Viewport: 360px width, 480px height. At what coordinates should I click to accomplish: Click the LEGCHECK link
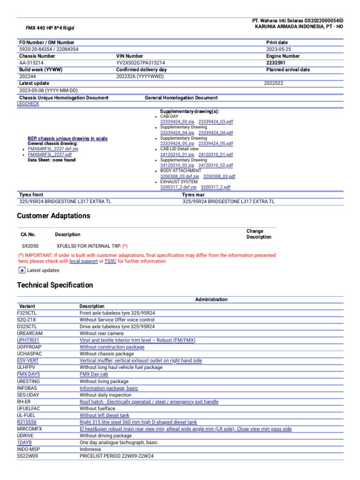tap(28, 104)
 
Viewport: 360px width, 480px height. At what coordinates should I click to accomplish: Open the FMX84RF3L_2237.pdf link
tap(50, 154)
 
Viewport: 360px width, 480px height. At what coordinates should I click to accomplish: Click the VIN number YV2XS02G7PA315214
tap(141, 62)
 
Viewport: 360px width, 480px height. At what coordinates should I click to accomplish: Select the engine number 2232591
tap(276, 62)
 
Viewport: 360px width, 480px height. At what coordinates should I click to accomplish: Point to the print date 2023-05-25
tap(278, 49)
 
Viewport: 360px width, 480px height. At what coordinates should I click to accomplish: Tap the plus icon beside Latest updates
tap(22, 270)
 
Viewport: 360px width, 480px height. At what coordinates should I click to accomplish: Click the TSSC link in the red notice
tap(110, 261)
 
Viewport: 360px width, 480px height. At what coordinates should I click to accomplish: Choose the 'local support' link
tap(83, 261)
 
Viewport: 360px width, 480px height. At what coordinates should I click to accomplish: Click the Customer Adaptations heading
tap(53, 216)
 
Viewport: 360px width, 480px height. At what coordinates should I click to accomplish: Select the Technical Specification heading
tap(55, 285)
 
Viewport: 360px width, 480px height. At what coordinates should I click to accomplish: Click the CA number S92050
tap(30, 246)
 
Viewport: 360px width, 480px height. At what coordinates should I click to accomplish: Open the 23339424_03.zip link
tap(177, 121)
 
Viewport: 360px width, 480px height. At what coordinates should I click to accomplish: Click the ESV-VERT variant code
tap(28, 360)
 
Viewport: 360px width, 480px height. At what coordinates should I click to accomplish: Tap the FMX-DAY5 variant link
tap(28, 375)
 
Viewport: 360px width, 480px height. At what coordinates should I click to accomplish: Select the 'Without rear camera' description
tap(102, 333)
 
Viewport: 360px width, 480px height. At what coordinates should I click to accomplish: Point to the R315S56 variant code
tap(27, 422)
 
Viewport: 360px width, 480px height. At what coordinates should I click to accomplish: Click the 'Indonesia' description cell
tap(90, 449)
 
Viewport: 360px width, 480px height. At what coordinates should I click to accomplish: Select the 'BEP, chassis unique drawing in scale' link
tap(67, 138)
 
